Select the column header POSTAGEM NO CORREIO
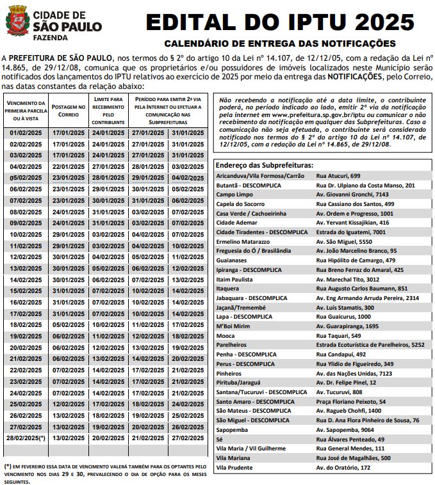tap(68, 111)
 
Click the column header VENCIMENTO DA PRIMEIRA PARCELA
tap(26, 111)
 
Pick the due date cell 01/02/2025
tap(26, 132)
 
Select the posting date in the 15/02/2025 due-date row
tap(68, 290)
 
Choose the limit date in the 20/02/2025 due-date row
tap(108, 347)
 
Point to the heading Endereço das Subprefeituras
tap(265, 164)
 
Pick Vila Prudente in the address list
tap(235, 468)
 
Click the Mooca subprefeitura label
tap(226, 335)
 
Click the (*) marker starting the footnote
tap(8, 466)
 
